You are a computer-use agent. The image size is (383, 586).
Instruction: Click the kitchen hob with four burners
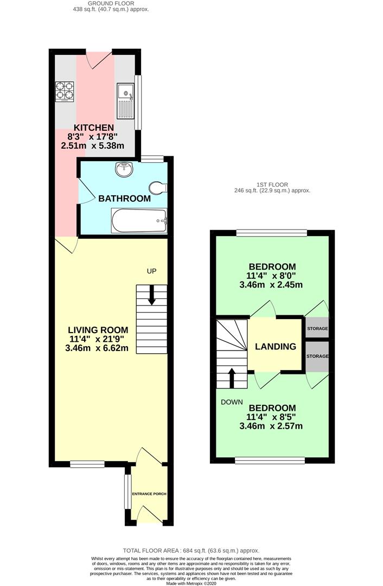pyautogui.click(x=65, y=91)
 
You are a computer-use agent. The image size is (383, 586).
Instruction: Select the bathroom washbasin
pyautogui.click(x=124, y=169)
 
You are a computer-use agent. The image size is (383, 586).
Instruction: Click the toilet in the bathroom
pyautogui.click(x=158, y=187)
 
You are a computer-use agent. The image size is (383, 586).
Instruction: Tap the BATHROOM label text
pyautogui.click(x=124, y=199)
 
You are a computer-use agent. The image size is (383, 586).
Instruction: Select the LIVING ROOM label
pyautogui.click(x=98, y=329)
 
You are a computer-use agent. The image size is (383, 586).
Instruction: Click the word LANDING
pyautogui.click(x=276, y=347)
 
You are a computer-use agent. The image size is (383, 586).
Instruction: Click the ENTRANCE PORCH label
pyautogui.click(x=149, y=494)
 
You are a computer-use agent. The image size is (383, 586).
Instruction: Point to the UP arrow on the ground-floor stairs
pyautogui.click(x=151, y=294)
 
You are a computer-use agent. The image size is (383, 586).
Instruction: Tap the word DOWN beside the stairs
pyautogui.click(x=231, y=402)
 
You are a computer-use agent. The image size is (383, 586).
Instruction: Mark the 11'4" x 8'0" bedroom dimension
pyautogui.click(x=272, y=276)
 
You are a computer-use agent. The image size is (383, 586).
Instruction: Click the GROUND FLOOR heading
pyautogui.click(x=111, y=3)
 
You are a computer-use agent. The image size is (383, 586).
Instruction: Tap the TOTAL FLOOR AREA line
pyautogui.click(x=191, y=550)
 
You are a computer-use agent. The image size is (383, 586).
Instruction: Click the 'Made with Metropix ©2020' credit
pyautogui.click(x=191, y=583)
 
